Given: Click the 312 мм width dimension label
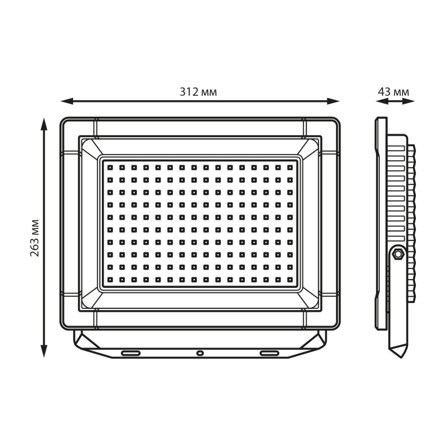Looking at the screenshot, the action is (x=198, y=92).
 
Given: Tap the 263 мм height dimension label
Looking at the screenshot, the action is (x=34, y=238).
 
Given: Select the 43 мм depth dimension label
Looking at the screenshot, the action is (x=393, y=92).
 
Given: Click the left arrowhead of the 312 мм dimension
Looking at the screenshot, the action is (x=67, y=101).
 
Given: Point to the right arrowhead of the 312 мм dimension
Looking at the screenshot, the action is (x=333, y=101).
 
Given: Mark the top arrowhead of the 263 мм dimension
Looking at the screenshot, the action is (x=44, y=124).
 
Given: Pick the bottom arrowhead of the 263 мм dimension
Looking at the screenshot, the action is (x=44, y=351).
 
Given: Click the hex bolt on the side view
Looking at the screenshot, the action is (x=398, y=254).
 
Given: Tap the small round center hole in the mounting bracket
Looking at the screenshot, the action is (x=200, y=353).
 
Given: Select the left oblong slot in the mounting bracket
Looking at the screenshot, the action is (x=131, y=353).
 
